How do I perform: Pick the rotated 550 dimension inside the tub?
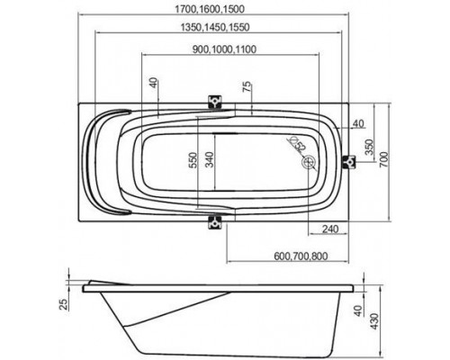192,160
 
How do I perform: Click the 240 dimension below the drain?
329,229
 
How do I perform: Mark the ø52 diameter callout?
296,144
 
